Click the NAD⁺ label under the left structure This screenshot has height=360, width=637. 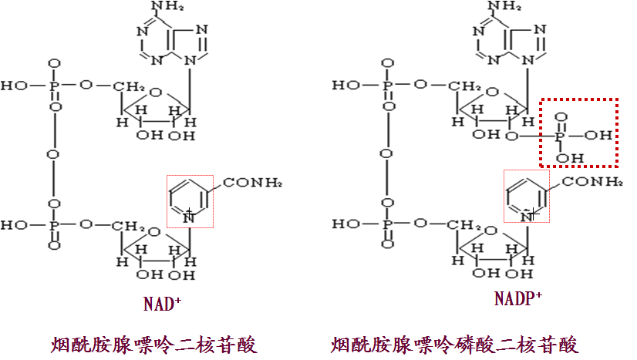pos(162,303)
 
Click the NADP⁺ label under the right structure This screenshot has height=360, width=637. pos(518,298)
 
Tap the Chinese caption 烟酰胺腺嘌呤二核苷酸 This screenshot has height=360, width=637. pos(154,344)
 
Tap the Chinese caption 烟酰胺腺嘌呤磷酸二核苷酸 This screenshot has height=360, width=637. pos(455,344)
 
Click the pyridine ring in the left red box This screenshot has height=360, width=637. pos(187,200)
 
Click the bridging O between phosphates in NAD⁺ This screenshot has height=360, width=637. pos(53,154)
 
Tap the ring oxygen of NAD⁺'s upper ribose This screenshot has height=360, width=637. pos(156,93)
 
